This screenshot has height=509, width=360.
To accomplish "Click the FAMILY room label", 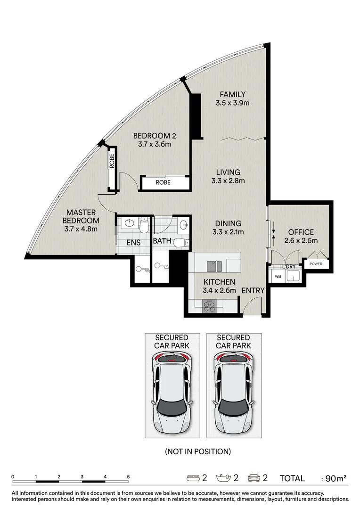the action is click(x=232, y=94).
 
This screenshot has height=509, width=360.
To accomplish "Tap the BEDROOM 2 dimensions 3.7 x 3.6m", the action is click(x=155, y=144).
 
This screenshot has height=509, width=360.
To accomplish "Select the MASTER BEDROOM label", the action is click(x=81, y=216).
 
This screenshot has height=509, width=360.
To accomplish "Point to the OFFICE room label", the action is click(x=301, y=232).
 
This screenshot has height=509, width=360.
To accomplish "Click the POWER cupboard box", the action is click(x=316, y=263).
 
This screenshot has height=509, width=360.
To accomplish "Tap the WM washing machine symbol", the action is click(x=278, y=277).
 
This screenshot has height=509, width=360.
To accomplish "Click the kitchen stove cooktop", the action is click(x=209, y=306).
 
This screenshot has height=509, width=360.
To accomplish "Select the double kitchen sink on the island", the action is click(x=214, y=266).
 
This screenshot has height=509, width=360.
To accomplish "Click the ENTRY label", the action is click(x=253, y=290).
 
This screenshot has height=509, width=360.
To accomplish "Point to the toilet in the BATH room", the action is click(x=181, y=243).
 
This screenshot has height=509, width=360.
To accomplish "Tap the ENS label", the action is click(x=133, y=243).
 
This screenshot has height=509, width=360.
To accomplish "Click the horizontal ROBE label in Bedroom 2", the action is click(x=163, y=182).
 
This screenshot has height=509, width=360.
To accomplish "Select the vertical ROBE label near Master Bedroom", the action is click(x=112, y=161).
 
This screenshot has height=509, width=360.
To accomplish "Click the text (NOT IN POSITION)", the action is click(x=198, y=451).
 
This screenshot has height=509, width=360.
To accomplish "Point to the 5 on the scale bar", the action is click(x=128, y=477).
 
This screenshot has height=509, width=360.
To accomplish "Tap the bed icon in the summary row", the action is click(x=193, y=478).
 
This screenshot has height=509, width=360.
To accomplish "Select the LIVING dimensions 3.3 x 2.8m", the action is click(x=228, y=181).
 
